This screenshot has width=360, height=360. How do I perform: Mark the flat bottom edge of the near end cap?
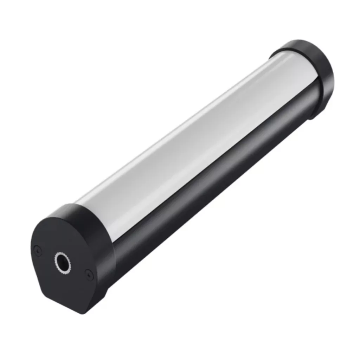63,302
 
